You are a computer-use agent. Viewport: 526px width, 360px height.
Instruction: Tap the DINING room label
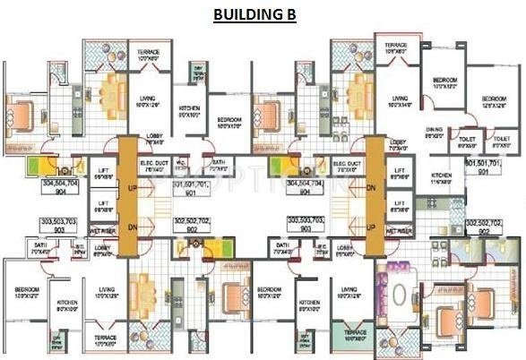(x=435, y=132)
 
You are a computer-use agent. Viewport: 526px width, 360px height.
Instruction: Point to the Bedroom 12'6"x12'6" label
(x=492, y=101)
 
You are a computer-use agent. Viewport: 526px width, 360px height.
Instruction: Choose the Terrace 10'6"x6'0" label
(x=396, y=47)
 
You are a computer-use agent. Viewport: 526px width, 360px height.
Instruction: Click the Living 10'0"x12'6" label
(x=149, y=102)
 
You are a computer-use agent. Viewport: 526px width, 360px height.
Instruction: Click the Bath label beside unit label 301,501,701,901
(x=218, y=166)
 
